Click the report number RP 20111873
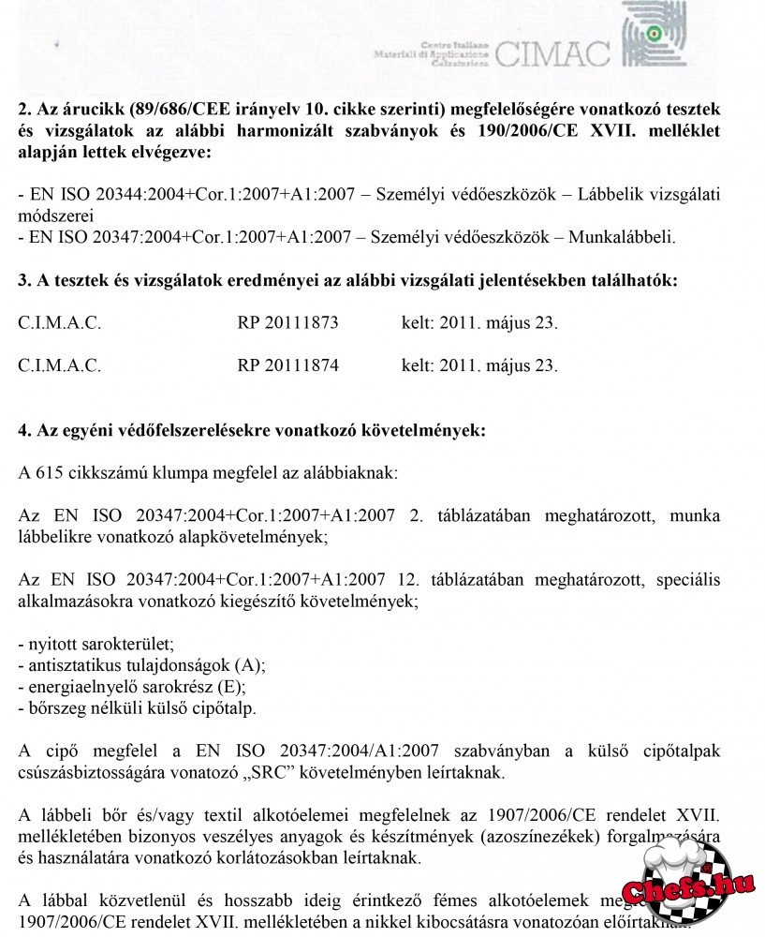(x=287, y=323)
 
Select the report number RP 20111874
(x=287, y=365)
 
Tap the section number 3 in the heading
(x=23, y=280)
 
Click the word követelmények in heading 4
(x=429, y=431)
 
